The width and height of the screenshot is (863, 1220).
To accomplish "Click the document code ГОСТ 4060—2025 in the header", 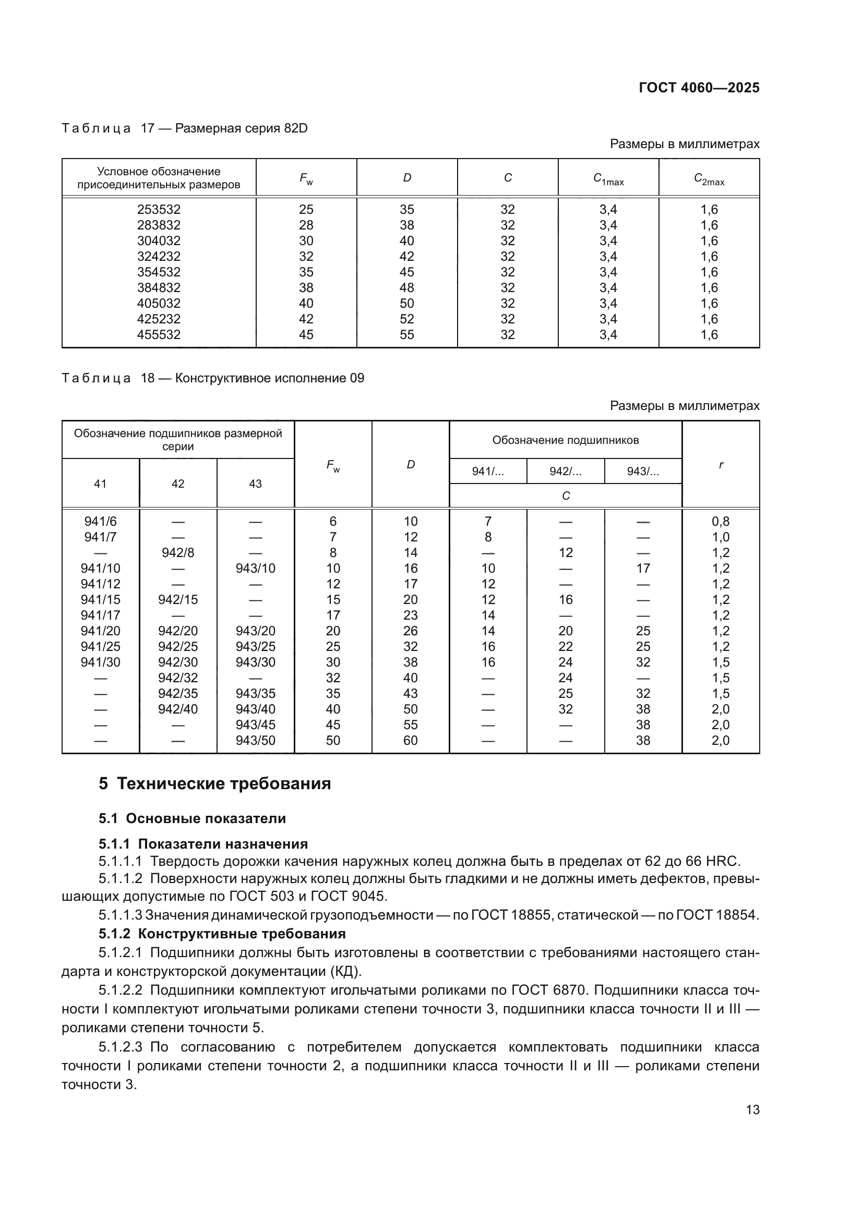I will click(698, 88).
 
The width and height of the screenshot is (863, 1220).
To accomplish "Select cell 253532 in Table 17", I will click(159, 209).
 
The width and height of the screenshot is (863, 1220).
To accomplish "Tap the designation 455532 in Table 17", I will click(159, 335).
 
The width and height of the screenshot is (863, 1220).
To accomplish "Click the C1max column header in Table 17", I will click(608, 178).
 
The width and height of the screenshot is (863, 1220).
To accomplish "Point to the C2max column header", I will click(709, 178).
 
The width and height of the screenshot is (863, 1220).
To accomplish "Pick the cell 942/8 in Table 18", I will click(177, 552).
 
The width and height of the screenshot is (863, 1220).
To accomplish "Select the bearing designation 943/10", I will click(255, 569).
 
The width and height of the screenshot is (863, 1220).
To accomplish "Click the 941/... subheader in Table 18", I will click(488, 472).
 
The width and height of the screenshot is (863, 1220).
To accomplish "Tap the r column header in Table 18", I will click(721, 464).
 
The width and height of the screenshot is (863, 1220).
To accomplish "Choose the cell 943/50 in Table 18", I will click(255, 741).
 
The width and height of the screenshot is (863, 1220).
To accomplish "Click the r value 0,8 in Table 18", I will click(721, 521).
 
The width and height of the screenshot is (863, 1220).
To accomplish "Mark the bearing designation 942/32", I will click(177, 678).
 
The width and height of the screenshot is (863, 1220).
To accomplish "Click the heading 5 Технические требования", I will click(214, 784).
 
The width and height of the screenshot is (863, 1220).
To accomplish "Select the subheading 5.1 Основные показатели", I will click(192, 818).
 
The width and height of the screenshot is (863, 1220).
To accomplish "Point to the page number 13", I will click(752, 1109).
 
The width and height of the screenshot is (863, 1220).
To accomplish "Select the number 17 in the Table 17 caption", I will click(147, 129).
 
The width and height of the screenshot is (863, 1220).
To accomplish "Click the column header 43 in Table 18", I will click(255, 484).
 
